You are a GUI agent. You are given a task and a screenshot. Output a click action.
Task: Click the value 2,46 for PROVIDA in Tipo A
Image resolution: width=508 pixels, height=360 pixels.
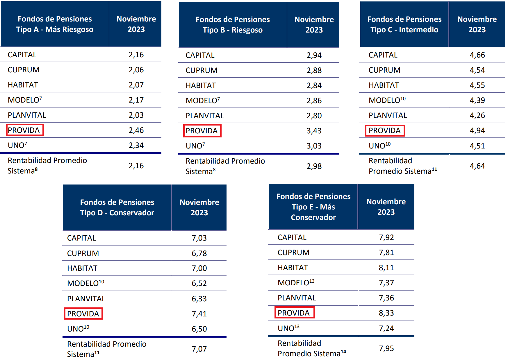[x=136, y=130]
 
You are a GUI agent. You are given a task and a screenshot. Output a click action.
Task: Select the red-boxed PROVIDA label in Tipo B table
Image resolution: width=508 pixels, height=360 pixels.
[x=202, y=131]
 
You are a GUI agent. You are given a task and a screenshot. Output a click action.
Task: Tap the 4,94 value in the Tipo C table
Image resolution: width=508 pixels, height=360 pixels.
[x=477, y=130]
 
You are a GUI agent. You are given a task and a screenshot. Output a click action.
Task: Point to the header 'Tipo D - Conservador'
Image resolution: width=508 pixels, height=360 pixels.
[x=117, y=207]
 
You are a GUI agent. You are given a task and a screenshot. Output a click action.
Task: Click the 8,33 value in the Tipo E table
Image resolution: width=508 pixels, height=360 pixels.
[x=386, y=313]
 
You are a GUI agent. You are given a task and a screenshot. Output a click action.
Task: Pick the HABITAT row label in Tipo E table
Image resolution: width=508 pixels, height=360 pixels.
[x=293, y=268]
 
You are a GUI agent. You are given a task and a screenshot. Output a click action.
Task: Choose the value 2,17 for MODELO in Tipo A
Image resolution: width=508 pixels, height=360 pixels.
[x=136, y=100]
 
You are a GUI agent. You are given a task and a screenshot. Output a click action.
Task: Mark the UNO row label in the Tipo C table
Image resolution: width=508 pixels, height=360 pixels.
[x=379, y=146]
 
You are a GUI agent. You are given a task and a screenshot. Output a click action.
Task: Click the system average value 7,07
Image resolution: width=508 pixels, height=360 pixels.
[x=199, y=349]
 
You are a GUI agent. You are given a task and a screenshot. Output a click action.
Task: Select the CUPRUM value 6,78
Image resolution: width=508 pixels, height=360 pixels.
[x=199, y=253]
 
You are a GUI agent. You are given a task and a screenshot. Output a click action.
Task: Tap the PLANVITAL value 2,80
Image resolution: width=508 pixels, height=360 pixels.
[x=314, y=116]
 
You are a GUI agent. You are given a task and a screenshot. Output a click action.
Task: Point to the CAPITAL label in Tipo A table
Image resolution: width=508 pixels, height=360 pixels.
[x=22, y=55]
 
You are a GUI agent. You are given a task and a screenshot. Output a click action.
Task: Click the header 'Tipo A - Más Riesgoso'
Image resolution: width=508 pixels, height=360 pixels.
[x=55, y=24]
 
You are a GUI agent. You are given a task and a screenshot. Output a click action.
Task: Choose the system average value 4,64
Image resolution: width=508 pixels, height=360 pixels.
[x=477, y=166]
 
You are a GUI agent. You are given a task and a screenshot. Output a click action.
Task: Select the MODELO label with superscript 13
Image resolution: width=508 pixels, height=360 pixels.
[x=296, y=283]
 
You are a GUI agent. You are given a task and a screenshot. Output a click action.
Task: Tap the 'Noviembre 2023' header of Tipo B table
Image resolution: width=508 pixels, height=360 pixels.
[x=314, y=25]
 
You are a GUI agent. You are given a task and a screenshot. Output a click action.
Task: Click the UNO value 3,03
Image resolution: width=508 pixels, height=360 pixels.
[x=314, y=146]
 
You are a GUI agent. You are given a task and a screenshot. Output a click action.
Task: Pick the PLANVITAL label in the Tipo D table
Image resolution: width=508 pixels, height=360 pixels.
[x=86, y=299]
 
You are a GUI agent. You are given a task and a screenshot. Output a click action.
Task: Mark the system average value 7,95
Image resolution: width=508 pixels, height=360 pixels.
[x=386, y=348]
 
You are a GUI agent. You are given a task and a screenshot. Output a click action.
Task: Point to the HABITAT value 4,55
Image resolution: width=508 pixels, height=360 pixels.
[x=477, y=85]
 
